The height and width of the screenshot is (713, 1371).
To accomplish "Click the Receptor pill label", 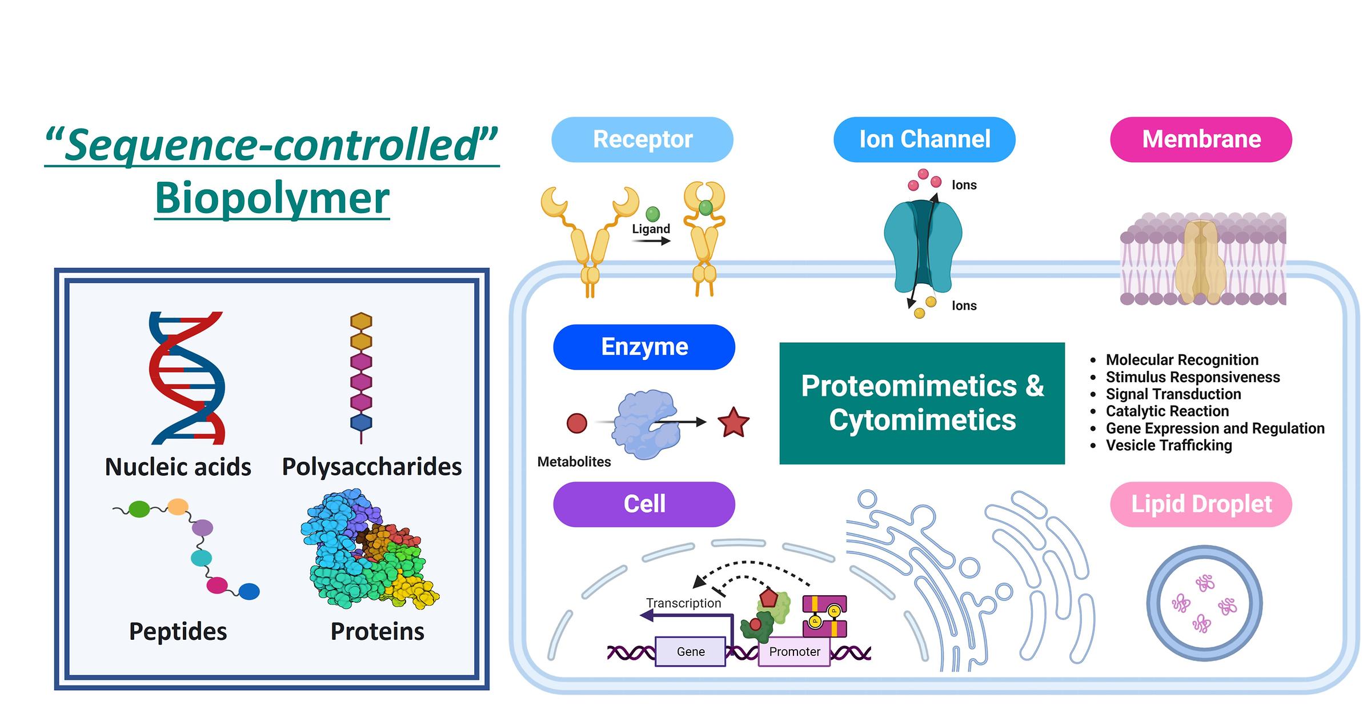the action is pos(642,139).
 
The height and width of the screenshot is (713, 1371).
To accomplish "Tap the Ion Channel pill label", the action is pos(924,139).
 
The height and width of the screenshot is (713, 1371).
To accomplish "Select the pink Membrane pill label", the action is pos(1201,139).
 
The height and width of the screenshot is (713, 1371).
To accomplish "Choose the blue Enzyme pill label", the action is pos(644,347).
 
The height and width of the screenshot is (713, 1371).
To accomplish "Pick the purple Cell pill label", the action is pos(644,504).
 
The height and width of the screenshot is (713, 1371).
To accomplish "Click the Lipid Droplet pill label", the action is pos(1201,504).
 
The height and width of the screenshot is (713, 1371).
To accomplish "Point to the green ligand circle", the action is pos(653,214).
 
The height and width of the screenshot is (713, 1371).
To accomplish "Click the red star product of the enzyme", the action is pos(733,423).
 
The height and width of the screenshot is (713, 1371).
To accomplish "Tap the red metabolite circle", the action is pos(577,423).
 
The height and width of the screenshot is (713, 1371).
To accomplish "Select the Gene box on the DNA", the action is pos(691,651).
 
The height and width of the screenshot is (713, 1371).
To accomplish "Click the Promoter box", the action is pos(795,651).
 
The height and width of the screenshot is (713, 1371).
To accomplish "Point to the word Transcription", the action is pos(683,603).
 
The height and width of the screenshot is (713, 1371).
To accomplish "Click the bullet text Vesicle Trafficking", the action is pos(1169,446).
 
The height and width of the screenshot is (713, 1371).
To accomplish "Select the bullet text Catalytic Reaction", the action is pos(1167,411).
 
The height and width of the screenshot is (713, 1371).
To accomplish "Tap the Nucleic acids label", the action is pos(178,467).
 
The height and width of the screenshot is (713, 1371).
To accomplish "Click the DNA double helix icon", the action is pos(187,378).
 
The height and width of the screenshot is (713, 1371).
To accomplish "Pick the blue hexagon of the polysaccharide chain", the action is pos(361,423).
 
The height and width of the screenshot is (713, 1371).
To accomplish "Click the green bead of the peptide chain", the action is pos(139,509).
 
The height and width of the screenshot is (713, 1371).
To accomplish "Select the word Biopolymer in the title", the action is pos(272,198).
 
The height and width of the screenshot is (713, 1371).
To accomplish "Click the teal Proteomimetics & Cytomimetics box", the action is pos(922,403).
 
